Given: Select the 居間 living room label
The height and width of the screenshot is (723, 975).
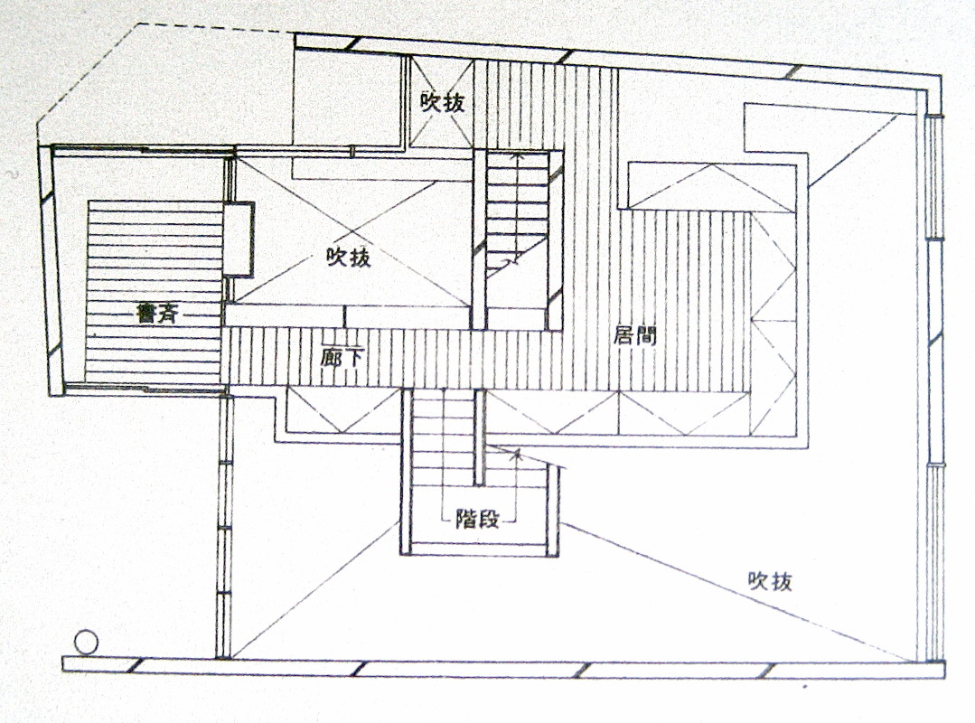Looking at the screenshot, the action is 634,336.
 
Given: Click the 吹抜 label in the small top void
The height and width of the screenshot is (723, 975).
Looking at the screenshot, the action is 443,102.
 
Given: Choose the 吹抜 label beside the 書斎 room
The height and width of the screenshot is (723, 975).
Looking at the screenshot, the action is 348,258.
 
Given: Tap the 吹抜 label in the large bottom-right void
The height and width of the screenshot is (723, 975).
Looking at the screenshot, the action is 770,581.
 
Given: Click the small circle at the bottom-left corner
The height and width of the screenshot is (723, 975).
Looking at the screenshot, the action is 85,643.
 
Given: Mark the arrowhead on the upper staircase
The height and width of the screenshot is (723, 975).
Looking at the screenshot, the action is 517,155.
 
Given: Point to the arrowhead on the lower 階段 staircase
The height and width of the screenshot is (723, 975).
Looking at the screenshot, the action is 517,455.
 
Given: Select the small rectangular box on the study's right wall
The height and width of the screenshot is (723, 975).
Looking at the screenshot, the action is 239,239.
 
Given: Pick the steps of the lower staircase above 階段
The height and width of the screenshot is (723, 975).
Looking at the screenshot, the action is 443,443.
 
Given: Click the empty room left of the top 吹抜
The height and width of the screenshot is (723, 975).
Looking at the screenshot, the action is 348,99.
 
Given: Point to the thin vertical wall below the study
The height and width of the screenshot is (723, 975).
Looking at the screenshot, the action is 224,524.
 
